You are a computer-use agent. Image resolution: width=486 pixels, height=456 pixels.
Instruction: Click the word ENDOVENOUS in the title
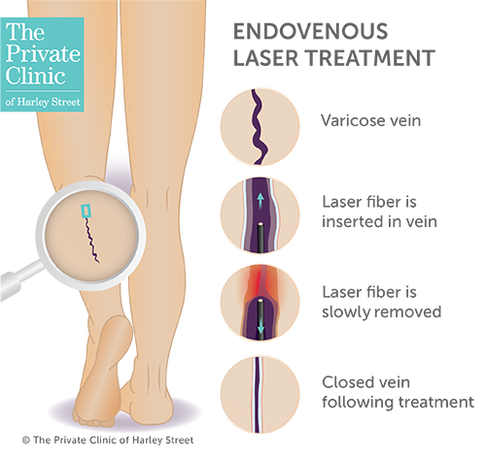coord(310,31)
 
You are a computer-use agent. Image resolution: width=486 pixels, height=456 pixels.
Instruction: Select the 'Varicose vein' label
coord(371,120)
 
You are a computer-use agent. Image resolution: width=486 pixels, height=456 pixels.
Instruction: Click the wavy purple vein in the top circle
coord(260,127)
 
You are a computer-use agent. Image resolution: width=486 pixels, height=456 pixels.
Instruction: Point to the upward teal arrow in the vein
coord(260,201)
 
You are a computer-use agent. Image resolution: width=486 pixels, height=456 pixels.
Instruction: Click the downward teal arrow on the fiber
coord(260,329)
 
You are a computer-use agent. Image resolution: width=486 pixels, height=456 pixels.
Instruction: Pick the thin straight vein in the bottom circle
coord(258,395)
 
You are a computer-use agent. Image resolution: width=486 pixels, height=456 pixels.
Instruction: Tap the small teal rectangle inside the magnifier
coord(86,211)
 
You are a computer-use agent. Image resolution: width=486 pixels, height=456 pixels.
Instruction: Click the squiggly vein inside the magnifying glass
coord(92,240)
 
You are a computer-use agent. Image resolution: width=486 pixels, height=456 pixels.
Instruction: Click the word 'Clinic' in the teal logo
coord(35,77)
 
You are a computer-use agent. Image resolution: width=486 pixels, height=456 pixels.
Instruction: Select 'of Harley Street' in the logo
coord(43,102)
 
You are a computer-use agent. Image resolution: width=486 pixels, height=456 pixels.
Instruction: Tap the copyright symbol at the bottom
coord(26,440)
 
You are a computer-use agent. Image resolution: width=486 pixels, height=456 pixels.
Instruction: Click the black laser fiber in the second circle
coord(260,238)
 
